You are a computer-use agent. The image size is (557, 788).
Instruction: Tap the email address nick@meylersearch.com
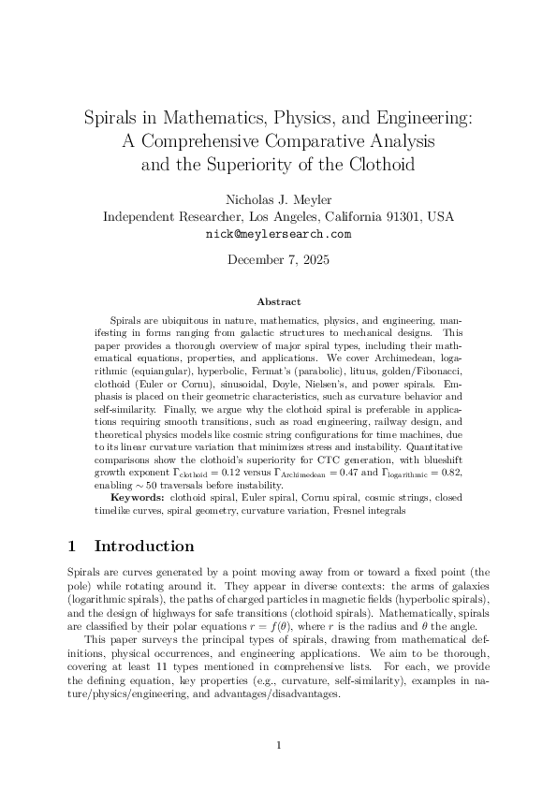[278, 234]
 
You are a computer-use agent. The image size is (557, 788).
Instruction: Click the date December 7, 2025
[278, 259]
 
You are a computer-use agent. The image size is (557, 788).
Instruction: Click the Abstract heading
[278, 302]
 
